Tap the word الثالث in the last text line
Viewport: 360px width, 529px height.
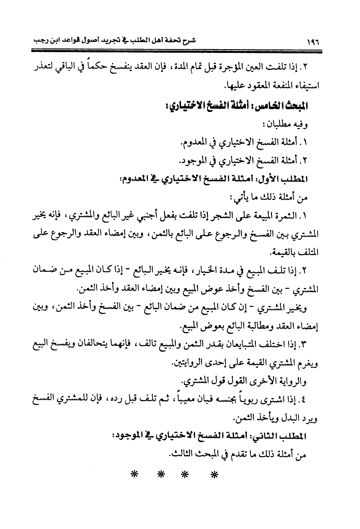click(181, 455)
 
